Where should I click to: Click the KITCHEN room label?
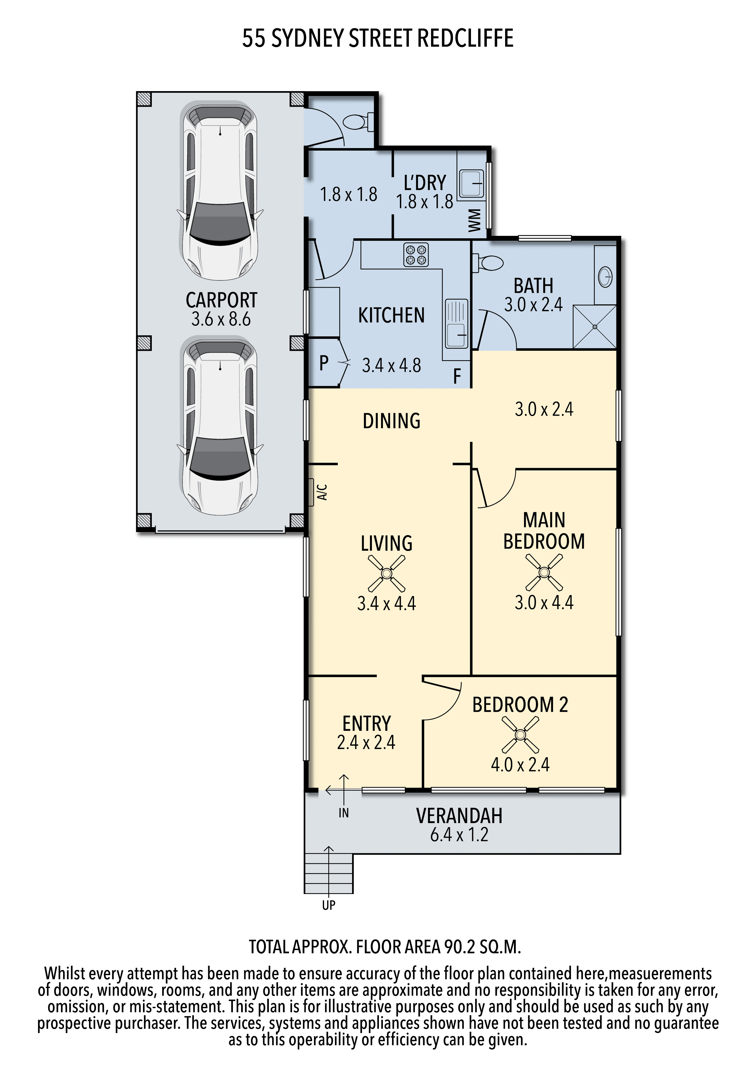click(x=391, y=315)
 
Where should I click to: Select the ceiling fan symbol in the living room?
click(x=386, y=573)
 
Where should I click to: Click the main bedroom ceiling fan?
click(x=544, y=572)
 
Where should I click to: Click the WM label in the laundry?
click(x=474, y=220)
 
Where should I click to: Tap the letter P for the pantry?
click(x=324, y=363)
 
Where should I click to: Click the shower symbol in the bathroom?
click(x=594, y=327)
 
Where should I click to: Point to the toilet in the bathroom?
click(x=488, y=263)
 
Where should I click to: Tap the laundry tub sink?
click(x=471, y=183)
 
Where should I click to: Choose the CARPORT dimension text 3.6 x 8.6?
click(x=221, y=319)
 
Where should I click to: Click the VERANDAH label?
click(x=459, y=816)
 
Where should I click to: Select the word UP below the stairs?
click(x=329, y=905)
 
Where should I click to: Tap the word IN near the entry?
click(x=344, y=813)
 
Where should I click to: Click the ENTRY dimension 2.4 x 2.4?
click(x=366, y=742)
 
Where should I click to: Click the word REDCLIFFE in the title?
click(x=465, y=38)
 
